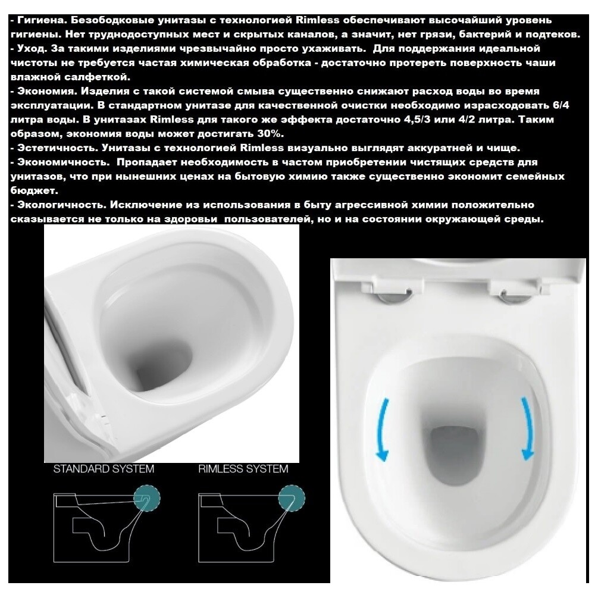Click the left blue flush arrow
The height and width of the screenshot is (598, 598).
(x=383, y=428)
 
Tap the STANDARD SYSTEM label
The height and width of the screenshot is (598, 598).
(x=104, y=469)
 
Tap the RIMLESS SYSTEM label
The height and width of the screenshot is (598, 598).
(x=243, y=469)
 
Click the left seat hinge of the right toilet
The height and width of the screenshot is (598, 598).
(x=390, y=296)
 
